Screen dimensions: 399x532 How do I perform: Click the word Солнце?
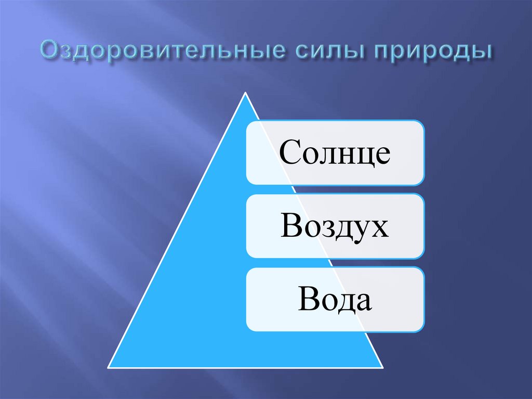click(x=335, y=153)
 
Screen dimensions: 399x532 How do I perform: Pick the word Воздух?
click(x=335, y=227)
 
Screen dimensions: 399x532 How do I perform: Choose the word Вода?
click(x=335, y=300)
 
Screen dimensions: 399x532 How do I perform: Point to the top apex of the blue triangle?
click(x=245, y=93)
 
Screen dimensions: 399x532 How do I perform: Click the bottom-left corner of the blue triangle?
click(x=108, y=366)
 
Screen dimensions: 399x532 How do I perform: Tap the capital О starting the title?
click(x=50, y=53)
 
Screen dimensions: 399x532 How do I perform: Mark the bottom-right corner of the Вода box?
click(x=423, y=331)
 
